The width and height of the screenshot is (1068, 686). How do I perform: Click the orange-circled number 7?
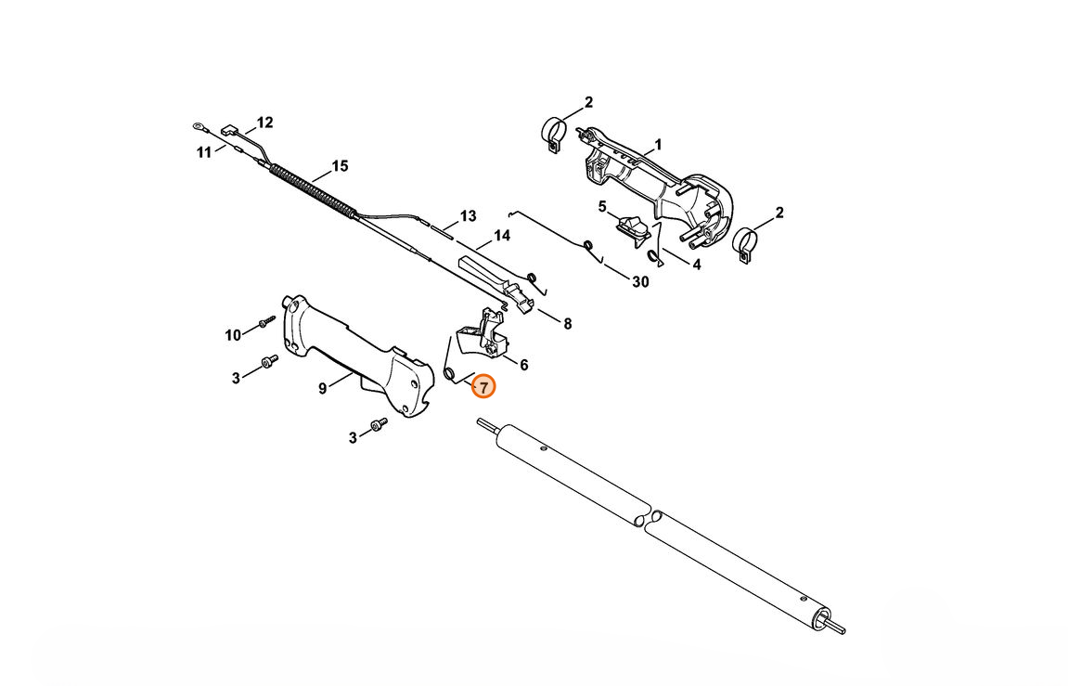point(483,387)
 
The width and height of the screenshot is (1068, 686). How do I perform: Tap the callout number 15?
point(340,165)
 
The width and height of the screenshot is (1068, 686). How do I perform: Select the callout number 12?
point(264,123)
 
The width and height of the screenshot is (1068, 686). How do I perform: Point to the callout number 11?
point(204,152)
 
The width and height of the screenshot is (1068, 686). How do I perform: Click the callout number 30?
point(640,281)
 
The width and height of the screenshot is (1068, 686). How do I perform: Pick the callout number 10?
point(233,335)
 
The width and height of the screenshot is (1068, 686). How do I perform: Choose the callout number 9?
point(323,388)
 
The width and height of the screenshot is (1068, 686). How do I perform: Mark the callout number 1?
point(658,145)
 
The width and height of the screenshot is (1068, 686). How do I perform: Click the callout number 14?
point(502,236)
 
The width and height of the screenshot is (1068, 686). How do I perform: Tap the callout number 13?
point(468,216)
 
